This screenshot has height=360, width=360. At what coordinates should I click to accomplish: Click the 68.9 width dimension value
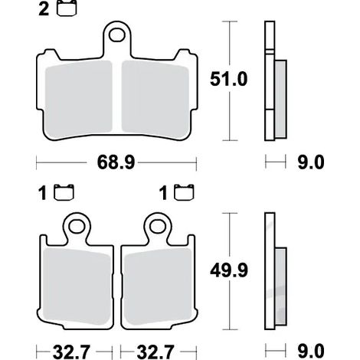coord(116,162)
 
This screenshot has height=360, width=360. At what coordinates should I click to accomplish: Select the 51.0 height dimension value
coord(228,79)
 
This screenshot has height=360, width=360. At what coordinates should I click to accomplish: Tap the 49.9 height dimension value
coord(229,270)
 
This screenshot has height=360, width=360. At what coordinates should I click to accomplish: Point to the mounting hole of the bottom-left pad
coord(77,227)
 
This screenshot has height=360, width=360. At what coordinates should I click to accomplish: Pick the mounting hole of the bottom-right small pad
coord(157,227)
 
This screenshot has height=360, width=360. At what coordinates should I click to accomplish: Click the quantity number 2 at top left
coord(44,10)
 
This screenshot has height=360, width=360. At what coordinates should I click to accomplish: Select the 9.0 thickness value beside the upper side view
coord(311,162)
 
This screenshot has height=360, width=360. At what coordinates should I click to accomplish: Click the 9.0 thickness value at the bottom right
coord(311,352)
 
